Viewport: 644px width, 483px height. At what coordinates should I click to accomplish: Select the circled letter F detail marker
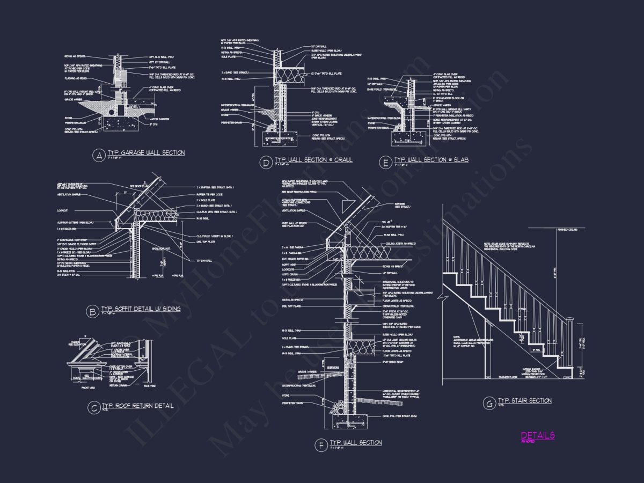click(320, 445)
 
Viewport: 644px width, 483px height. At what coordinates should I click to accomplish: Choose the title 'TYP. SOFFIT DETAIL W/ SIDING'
click(141, 309)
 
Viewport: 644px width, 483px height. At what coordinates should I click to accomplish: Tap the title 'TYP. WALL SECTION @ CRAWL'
click(313, 160)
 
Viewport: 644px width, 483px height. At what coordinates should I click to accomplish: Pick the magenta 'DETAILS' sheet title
click(537, 436)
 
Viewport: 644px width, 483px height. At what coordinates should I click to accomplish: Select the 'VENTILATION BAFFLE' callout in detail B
click(69, 194)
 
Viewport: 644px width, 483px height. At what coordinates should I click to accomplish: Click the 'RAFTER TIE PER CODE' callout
click(209, 194)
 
